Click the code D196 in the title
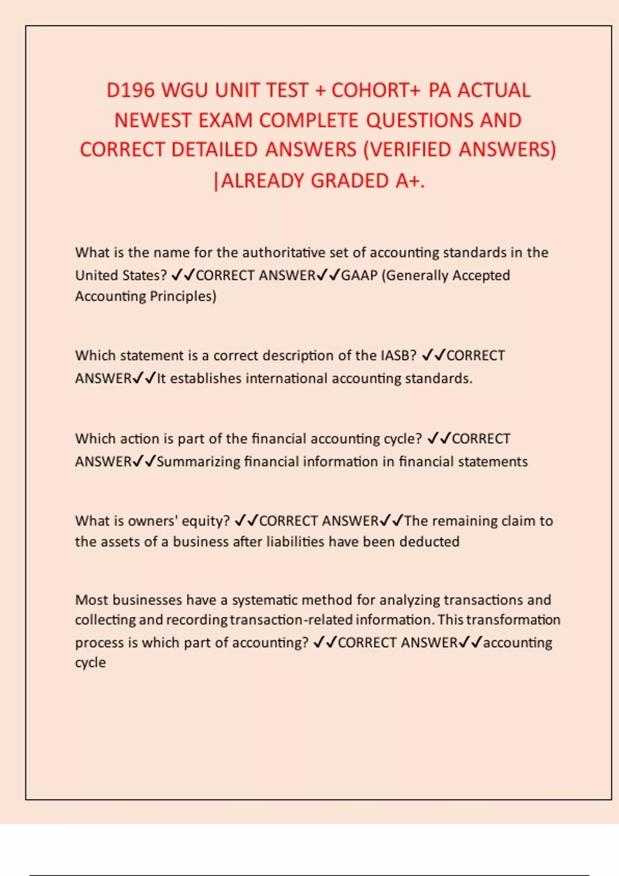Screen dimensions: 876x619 [x=131, y=90]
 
